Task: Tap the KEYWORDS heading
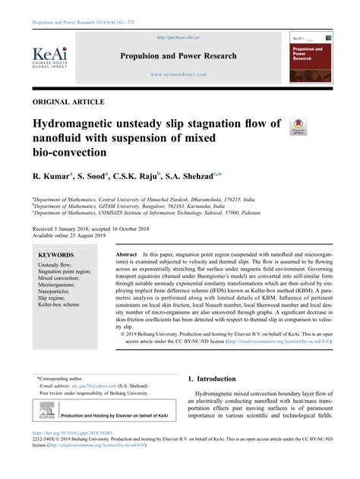click(x=56, y=255)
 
